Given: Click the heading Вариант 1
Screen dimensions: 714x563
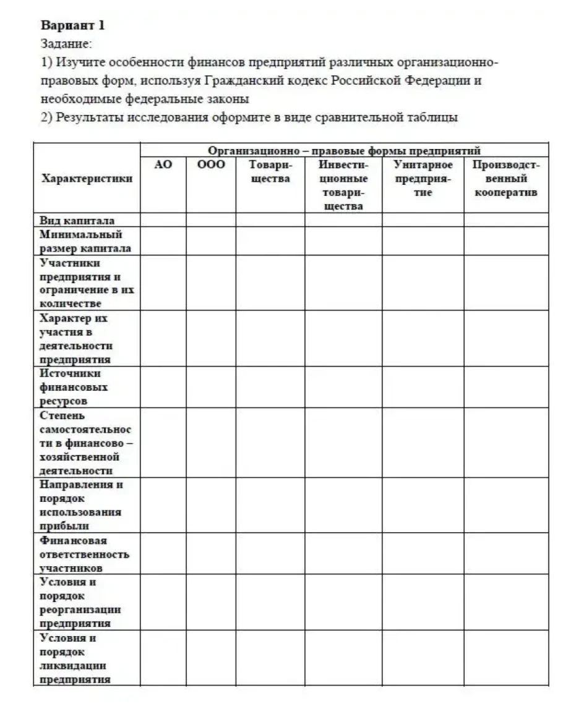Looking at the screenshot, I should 72,26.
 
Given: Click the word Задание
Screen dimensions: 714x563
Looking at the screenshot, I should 66,45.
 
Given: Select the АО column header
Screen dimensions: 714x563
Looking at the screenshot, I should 163,165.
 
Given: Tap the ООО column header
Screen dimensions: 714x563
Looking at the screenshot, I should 210,165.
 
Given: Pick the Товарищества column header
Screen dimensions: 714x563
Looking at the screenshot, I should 270,172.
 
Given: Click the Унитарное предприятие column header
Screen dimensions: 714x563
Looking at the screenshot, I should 423,179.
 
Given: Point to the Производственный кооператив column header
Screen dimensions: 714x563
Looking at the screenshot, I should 505,179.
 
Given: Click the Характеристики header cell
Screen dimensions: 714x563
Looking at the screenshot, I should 86,179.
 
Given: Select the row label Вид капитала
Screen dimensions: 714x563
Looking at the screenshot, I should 77,220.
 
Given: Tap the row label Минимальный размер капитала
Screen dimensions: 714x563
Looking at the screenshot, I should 80,241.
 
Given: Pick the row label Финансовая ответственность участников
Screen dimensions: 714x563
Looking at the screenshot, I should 84,554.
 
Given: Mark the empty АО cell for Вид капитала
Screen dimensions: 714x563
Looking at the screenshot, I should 163,220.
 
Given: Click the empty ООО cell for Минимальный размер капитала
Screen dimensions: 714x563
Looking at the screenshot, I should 210,241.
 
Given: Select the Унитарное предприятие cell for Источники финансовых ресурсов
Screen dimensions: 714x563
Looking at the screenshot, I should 423,387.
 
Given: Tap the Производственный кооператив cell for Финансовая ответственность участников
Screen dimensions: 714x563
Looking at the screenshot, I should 505,554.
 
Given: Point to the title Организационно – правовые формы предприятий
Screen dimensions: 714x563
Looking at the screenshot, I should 344,150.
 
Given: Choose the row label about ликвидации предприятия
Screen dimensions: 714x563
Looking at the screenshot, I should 75,658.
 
